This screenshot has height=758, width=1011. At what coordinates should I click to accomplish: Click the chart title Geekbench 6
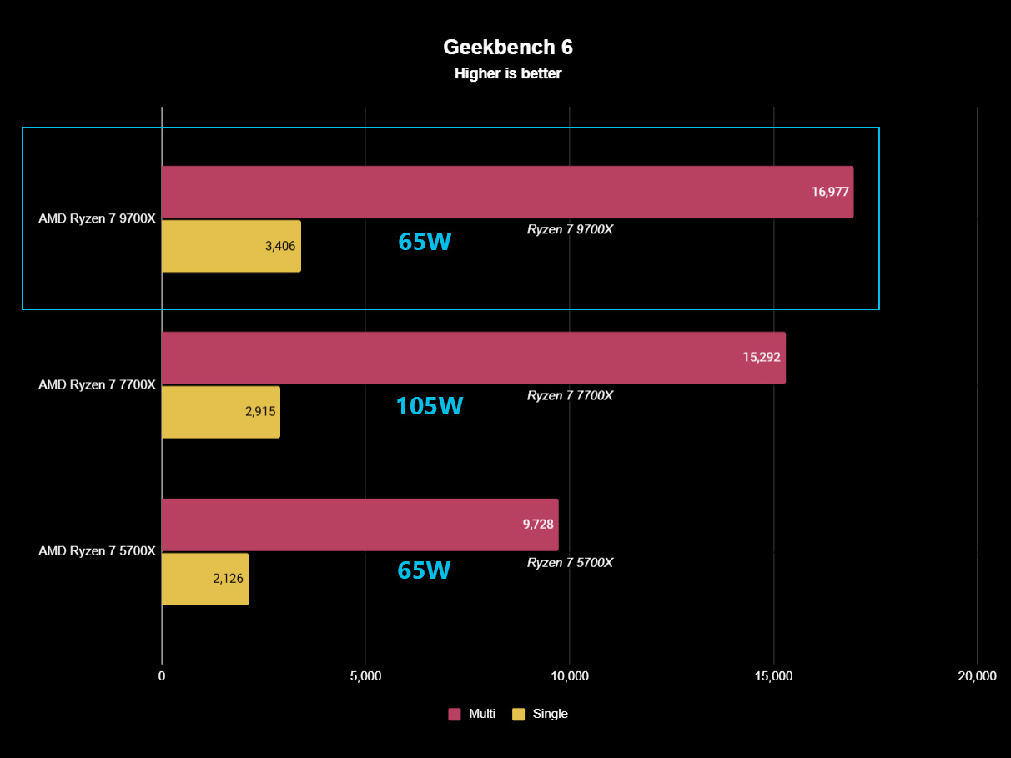tap(507, 47)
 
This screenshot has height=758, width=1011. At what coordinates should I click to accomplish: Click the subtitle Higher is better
tap(507, 73)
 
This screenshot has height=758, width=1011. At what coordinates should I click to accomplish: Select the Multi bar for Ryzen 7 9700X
tap(484, 192)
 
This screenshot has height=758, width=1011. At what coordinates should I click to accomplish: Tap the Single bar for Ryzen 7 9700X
tap(217, 246)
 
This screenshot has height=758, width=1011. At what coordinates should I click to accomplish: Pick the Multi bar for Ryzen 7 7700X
tap(450, 358)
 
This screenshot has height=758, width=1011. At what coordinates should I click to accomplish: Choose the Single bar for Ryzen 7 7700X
tap(209, 412)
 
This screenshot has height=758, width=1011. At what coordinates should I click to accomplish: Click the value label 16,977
tap(829, 192)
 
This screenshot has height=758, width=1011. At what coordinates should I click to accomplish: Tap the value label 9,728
tap(539, 525)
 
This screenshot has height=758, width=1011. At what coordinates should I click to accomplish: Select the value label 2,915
tap(260, 412)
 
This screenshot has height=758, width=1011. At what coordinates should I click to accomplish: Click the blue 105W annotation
tap(429, 406)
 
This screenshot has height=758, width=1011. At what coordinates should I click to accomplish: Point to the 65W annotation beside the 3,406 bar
tap(425, 242)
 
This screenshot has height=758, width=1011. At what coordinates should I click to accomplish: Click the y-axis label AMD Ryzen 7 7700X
tap(97, 384)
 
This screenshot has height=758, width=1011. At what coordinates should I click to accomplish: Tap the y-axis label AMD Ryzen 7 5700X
tap(97, 550)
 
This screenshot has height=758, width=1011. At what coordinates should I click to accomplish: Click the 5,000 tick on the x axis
tap(365, 676)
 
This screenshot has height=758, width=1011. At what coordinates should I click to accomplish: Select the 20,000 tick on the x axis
tap(977, 676)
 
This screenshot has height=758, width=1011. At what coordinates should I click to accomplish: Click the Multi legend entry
tap(473, 714)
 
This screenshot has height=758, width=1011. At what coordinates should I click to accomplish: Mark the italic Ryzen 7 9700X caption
tap(570, 229)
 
